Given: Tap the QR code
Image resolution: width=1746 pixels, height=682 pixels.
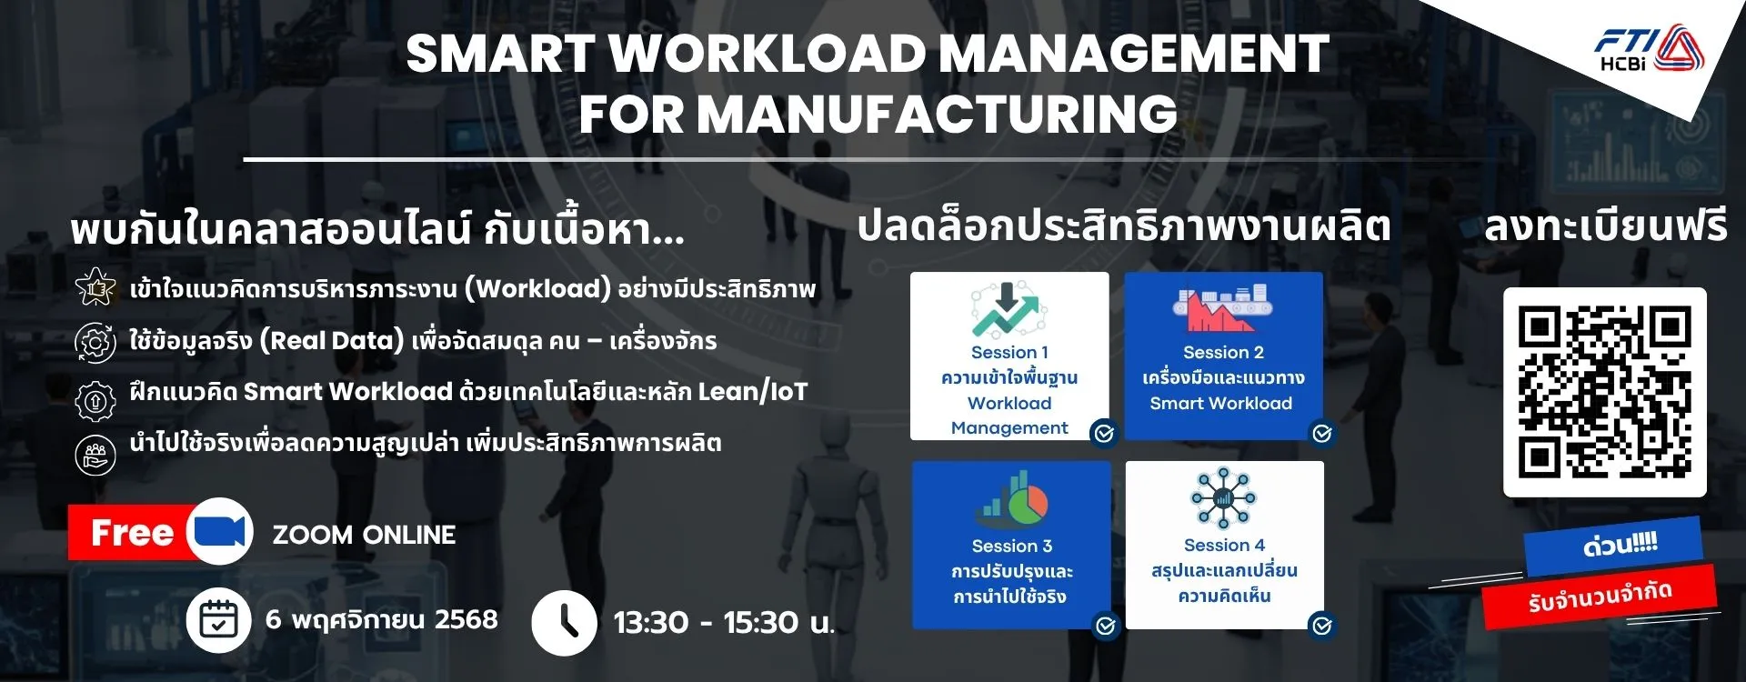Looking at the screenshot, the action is (x=1605, y=393).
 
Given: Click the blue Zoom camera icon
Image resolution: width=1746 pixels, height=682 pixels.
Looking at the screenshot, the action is (x=220, y=531).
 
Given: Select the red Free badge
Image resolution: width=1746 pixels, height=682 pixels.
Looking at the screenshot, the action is (x=133, y=533).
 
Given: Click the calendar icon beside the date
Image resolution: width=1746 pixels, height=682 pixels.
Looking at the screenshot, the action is (x=218, y=621).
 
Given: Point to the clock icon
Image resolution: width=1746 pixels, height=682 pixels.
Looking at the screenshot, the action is (x=564, y=623).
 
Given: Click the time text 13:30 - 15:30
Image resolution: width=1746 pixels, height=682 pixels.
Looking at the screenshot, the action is (x=724, y=623).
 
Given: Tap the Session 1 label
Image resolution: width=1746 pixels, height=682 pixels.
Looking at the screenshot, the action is (x=1009, y=353).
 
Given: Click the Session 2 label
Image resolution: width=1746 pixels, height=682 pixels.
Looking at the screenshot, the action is (x=1223, y=353).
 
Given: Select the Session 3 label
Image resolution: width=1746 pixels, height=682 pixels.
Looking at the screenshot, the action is (x=1011, y=547).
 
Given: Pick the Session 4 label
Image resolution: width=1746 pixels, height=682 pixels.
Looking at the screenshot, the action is (x=1224, y=546).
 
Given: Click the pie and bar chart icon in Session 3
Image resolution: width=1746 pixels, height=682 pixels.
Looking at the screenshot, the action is (x=1013, y=499).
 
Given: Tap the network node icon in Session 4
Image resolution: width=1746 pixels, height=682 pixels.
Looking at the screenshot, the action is (x=1223, y=498).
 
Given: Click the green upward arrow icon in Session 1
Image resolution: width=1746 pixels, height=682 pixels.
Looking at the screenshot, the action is (x=1006, y=310).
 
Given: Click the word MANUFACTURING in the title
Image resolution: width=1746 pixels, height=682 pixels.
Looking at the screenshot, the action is (x=878, y=115).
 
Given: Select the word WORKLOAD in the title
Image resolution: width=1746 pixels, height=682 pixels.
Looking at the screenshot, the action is (x=768, y=54).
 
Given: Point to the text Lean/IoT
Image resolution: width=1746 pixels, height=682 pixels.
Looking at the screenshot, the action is (x=753, y=392).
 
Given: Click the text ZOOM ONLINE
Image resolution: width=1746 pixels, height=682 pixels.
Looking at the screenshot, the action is (x=364, y=535).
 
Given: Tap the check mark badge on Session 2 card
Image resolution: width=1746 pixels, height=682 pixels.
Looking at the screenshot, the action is (x=1322, y=434).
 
